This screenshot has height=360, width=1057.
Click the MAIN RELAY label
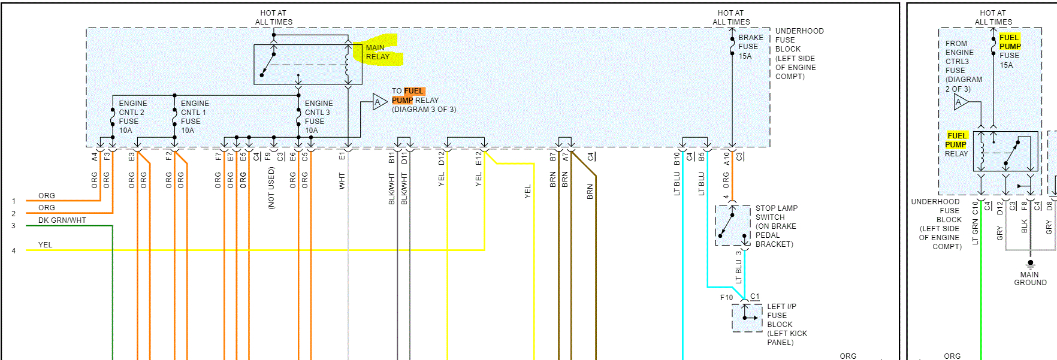377,52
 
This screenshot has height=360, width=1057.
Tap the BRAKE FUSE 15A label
750,47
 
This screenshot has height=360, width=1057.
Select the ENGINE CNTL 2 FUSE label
132,117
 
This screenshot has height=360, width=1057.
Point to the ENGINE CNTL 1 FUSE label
195,117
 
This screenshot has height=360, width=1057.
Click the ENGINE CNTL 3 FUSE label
318,117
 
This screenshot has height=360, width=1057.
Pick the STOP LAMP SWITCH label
776,226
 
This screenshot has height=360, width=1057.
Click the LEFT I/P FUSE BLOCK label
787,324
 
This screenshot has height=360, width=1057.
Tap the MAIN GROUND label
1030,279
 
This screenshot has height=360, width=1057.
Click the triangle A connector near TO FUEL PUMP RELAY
378,102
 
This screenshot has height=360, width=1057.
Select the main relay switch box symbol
308,64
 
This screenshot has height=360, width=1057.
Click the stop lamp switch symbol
732,225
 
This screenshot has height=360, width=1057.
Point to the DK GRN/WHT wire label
62,220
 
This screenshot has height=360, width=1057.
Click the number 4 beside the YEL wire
13,251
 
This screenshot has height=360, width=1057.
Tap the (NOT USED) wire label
271,188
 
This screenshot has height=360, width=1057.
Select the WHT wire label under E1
342,180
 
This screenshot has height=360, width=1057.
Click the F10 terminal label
726,298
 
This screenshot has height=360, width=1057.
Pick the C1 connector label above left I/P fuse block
755,297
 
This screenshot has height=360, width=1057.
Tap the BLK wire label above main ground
1025,226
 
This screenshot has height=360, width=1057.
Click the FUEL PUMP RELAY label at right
956,144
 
